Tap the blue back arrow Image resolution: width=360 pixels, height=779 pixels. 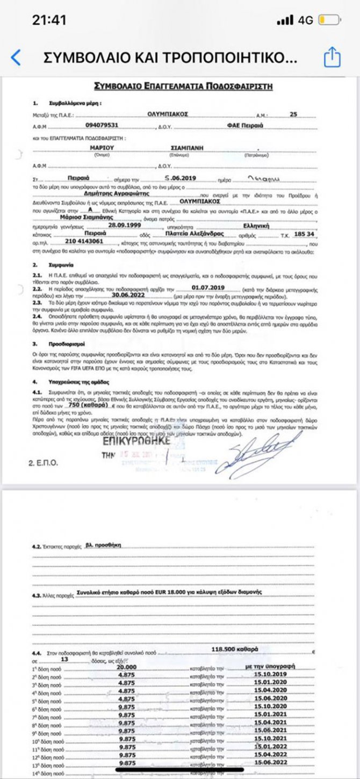(x=16, y=57)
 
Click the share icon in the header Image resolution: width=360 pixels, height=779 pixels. (x=332, y=57)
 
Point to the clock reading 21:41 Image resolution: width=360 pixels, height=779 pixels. (x=49, y=20)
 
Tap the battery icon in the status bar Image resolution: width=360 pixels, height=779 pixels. (x=329, y=20)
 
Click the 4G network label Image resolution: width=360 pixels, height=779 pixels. (x=305, y=20)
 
